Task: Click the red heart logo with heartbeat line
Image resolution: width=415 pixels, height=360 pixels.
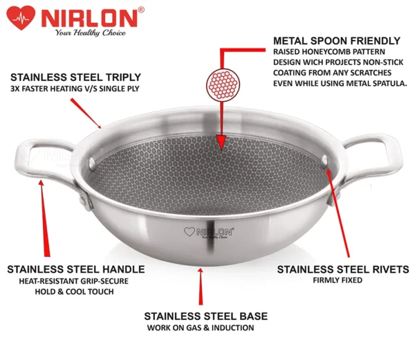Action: click(x=21, y=17)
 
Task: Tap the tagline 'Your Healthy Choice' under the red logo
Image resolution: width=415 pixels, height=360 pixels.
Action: click(x=90, y=33)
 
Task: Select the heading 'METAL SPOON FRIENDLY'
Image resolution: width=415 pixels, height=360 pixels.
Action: click(x=337, y=41)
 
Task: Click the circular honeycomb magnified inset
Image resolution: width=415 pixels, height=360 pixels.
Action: click(x=223, y=85)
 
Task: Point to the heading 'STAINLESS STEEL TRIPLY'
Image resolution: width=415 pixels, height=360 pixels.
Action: click(x=75, y=78)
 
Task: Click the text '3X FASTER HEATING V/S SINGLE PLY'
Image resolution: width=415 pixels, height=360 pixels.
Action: click(x=75, y=89)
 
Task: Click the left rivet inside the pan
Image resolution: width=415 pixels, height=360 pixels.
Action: click(x=92, y=163)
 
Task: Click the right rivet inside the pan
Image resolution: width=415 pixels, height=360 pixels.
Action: click(x=324, y=160)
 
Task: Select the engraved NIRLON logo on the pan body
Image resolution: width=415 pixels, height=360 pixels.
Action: click(x=209, y=233)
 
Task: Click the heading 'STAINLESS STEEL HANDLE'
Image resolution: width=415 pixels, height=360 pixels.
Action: click(x=76, y=269)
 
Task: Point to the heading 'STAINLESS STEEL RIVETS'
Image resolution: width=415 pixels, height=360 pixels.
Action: click(x=343, y=269)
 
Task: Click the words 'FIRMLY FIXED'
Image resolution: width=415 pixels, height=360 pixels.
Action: click(x=338, y=280)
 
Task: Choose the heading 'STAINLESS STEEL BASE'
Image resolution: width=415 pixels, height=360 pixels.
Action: click(x=206, y=316)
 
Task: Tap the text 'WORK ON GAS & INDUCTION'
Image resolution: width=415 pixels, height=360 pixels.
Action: click(x=201, y=328)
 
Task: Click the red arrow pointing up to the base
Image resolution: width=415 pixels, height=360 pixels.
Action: click(x=201, y=287)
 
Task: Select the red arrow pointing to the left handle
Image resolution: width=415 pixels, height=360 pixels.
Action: click(x=44, y=218)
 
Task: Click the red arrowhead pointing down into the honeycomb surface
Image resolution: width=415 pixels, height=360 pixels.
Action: click(x=221, y=142)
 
